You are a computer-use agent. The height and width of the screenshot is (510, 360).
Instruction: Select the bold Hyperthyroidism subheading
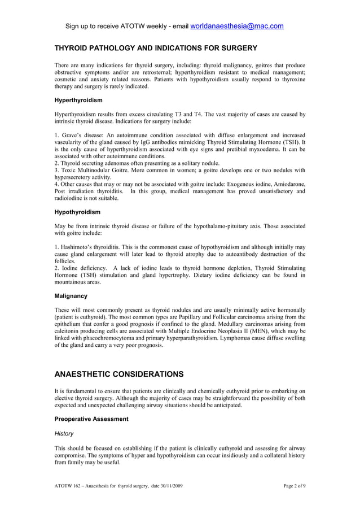click(x=78, y=100)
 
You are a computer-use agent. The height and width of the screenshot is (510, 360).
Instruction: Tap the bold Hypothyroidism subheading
click(x=77, y=212)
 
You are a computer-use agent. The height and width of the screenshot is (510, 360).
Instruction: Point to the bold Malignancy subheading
click(x=71, y=295)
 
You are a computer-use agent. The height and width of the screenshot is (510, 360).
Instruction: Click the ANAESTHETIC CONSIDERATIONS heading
click(x=118, y=374)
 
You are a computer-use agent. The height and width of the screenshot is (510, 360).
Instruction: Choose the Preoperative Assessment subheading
click(x=91, y=419)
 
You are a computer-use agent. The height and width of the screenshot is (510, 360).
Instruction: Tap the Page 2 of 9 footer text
click(x=294, y=486)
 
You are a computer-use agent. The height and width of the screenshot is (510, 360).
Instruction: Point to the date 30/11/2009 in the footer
click(x=168, y=486)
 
